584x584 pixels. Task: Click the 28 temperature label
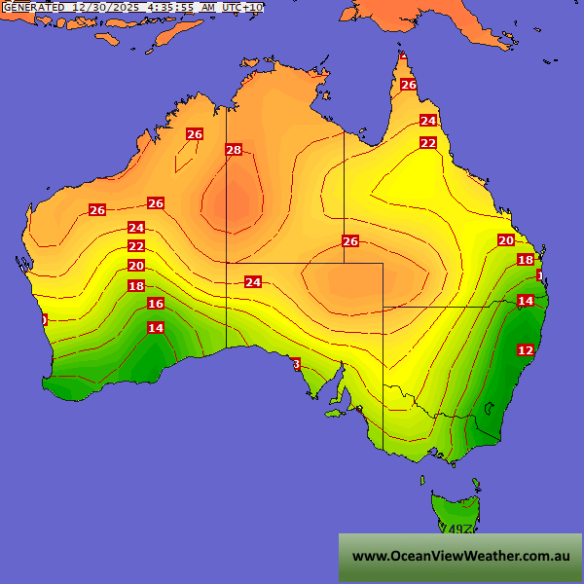click(234, 150)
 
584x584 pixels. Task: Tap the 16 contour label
click(156, 304)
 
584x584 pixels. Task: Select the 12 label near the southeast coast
click(526, 349)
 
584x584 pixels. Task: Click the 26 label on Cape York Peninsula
click(409, 85)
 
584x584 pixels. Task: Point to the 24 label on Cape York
click(428, 121)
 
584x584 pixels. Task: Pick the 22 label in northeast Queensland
click(428, 143)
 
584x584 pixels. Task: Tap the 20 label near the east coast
click(506, 240)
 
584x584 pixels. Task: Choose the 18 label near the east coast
click(526, 260)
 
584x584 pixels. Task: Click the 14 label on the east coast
click(526, 301)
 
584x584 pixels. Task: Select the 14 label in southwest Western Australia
click(156, 328)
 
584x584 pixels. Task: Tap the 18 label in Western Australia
click(136, 286)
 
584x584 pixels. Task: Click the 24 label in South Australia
click(253, 282)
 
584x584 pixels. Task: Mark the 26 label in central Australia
click(350, 241)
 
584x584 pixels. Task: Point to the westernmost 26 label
click(97, 210)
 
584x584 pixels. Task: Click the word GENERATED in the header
click(34, 7)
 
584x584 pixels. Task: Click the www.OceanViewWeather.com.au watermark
click(460, 557)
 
